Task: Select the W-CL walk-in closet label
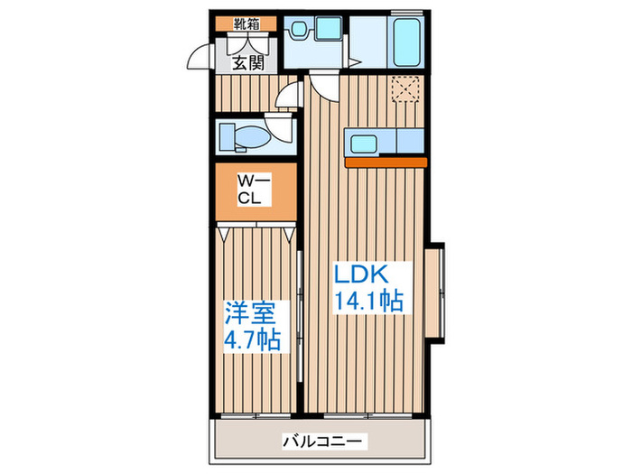(250, 190)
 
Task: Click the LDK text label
(364, 272)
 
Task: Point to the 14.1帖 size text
(369, 301)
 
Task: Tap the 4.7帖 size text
(252, 341)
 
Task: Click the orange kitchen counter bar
(386, 163)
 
